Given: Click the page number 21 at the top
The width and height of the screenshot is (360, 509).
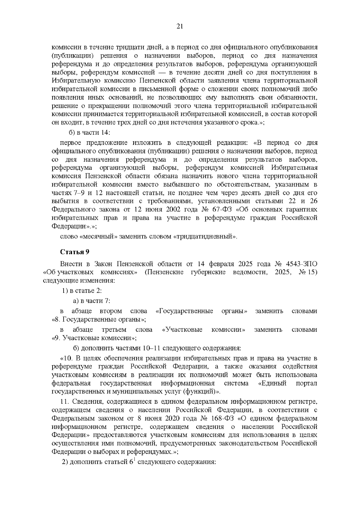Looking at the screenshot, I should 180,26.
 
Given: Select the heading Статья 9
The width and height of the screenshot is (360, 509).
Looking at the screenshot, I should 75,252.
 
